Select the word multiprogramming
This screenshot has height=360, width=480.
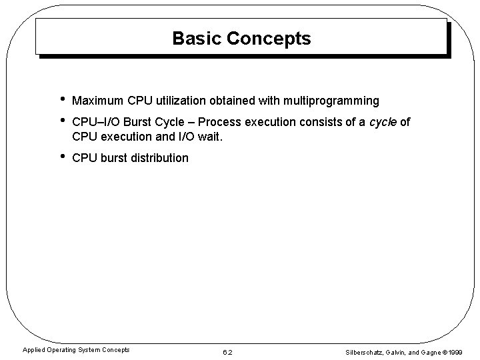coord(331,101)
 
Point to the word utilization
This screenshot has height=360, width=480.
coord(182,101)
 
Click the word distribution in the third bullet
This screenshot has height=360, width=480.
coord(161,159)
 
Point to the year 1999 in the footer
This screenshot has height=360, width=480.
coord(456,351)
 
